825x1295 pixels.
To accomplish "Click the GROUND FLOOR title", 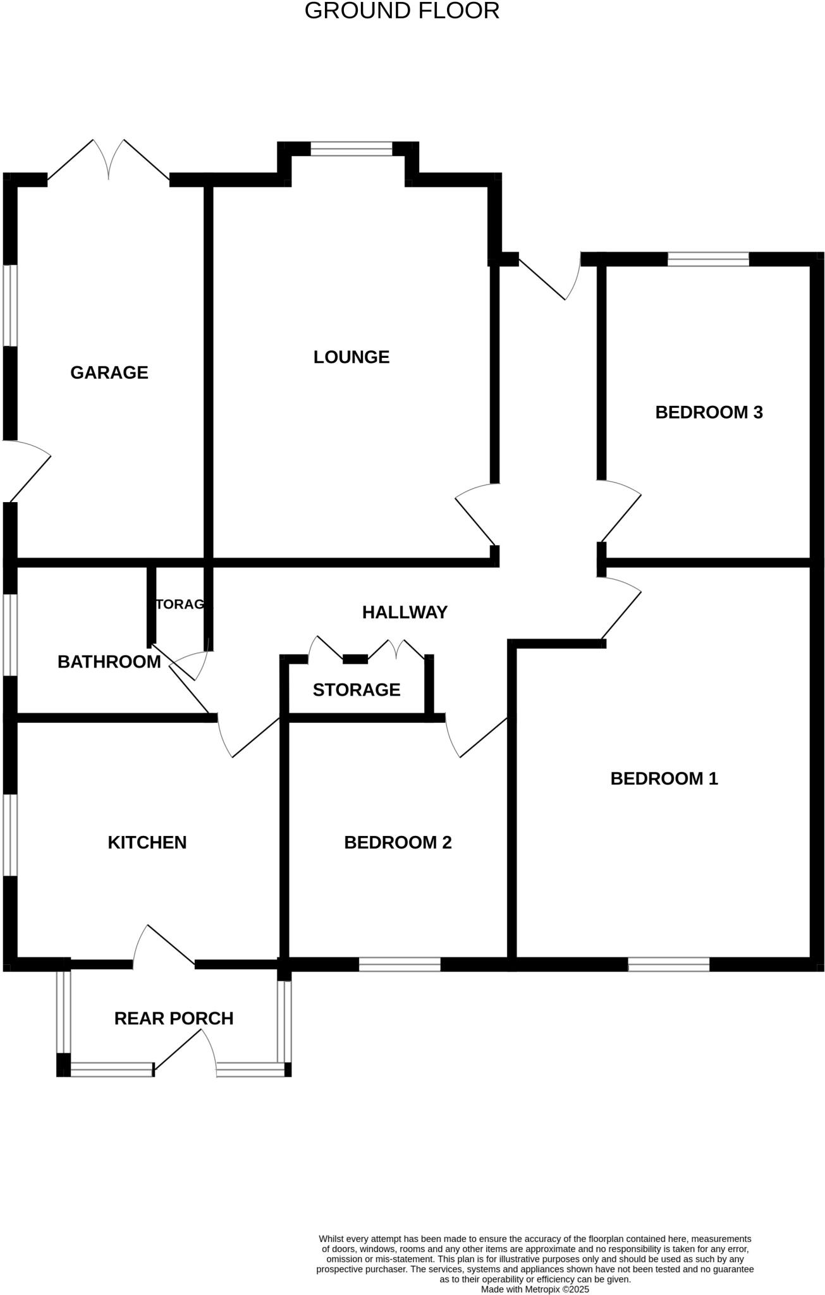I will pos(402,11).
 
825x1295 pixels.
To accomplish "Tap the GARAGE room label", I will pos(109,372).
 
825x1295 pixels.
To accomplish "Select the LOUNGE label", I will pos(351,357).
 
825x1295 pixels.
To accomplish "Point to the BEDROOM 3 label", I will pos(709,412).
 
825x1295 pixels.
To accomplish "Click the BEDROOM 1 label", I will pos(664,778).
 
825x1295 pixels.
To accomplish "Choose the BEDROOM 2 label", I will pos(398,842).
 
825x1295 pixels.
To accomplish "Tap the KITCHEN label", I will pos(147,842).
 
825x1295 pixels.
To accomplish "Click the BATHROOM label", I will pos(109,662).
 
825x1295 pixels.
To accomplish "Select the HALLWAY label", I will pos(405,612).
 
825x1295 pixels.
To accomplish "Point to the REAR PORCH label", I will pos(174,1018).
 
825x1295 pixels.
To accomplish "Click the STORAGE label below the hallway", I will pos(357,689).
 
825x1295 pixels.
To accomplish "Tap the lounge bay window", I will pos(351,149).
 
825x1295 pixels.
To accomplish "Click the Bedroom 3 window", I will pos(708,259).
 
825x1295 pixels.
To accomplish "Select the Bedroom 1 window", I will pos(669,964).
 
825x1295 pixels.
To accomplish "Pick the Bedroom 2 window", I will pos(400,964).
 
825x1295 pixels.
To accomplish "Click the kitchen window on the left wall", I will pos(10,835).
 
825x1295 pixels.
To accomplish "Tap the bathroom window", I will pos(10,635).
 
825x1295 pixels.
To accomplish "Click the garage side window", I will pos(10,305).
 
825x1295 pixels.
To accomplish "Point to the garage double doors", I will pos(109,161).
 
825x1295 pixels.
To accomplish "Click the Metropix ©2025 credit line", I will pos(535,1289).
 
